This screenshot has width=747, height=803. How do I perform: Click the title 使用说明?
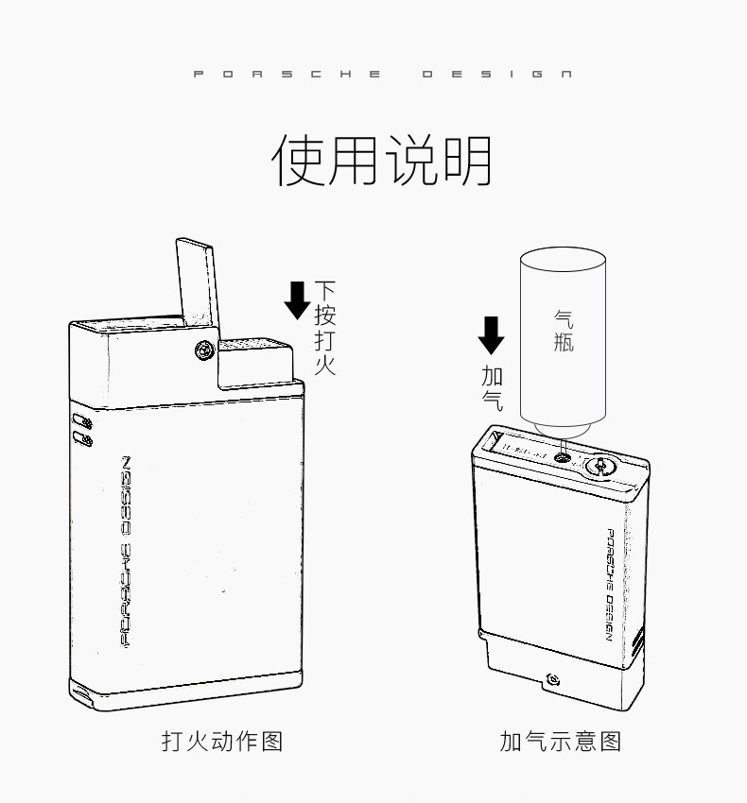coord(382,161)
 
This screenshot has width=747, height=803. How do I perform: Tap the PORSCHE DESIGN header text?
coord(382,75)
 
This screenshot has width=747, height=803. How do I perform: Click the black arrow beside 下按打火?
coord(297,299)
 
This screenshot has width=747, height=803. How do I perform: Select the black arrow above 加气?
coord(491,334)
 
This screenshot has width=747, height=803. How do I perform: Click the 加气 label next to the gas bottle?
coord(492,386)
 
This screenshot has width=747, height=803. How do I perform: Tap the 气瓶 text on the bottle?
coord(564,331)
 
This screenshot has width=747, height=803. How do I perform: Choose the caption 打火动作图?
coord(222,740)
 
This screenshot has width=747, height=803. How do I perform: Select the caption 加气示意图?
coord(560,740)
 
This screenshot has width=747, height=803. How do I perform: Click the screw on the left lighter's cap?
coord(202,350)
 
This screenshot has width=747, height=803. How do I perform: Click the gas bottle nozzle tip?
coord(563,444)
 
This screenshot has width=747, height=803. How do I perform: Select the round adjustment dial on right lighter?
coord(600,465)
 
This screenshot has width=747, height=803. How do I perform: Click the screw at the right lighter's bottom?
coord(552,678)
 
